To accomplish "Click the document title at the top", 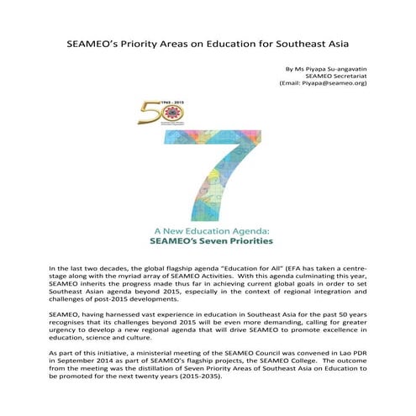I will click(208, 42).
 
